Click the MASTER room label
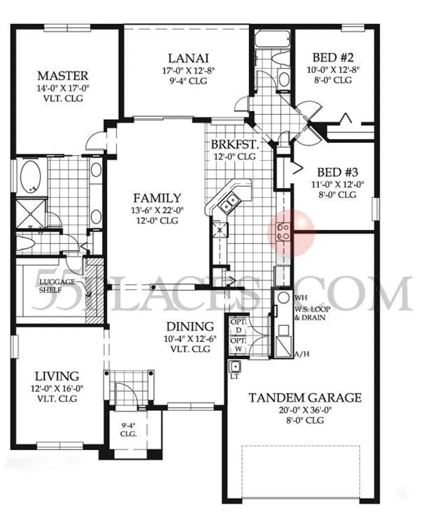(x=63, y=76)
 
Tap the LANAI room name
(x=188, y=58)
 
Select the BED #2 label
(x=333, y=57)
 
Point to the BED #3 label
(x=338, y=172)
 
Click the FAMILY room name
(x=157, y=198)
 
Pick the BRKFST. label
(x=235, y=145)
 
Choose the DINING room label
(x=190, y=326)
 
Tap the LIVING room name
(x=57, y=377)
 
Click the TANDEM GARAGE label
(x=305, y=398)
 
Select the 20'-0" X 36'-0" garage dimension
(x=305, y=410)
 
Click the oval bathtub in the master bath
(x=31, y=177)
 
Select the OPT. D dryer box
(x=238, y=326)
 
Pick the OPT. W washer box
(x=238, y=345)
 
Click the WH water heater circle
(x=283, y=298)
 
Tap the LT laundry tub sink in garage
(x=235, y=366)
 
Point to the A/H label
(x=302, y=354)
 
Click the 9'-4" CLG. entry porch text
(x=128, y=429)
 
